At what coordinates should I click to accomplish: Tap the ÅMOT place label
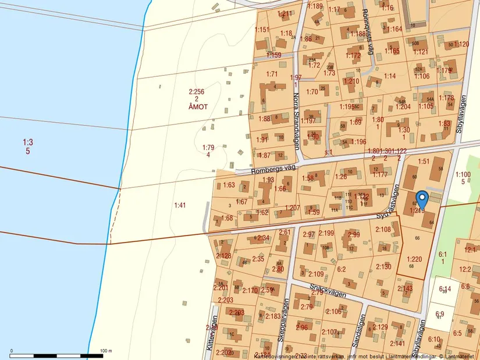(x=198, y=107)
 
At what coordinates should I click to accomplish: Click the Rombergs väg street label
(x=273, y=168)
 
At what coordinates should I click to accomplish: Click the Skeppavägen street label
(x=285, y=328)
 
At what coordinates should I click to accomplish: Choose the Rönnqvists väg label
(x=366, y=32)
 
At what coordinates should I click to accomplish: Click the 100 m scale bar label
(x=105, y=351)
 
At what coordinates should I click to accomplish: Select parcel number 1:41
(x=180, y=205)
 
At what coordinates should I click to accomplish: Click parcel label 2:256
(x=197, y=92)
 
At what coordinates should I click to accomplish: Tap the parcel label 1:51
(x=423, y=162)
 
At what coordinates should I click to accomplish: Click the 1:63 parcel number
(x=229, y=186)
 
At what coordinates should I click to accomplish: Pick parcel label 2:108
(x=383, y=229)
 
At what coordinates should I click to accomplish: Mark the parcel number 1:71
(x=272, y=74)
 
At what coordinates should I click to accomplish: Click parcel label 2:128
(x=223, y=256)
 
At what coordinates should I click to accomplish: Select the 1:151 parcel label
(x=262, y=30)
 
